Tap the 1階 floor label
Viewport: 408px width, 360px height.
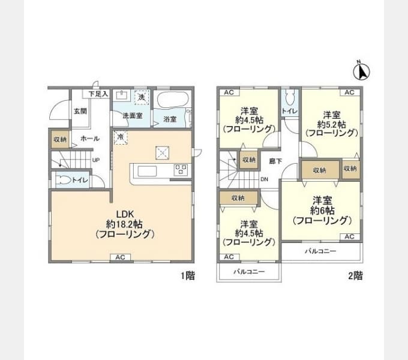(x=188, y=276)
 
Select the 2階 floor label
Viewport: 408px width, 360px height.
(x=355, y=276)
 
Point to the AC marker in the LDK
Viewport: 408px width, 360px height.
(x=120, y=257)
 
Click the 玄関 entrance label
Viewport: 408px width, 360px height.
(x=80, y=111)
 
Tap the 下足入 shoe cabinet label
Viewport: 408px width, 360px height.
(x=98, y=94)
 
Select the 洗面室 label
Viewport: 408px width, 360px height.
(x=132, y=115)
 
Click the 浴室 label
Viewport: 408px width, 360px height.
(x=170, y=119)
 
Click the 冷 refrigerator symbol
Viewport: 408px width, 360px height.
(x=120, y=137)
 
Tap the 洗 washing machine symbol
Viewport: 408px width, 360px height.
(x=142, y=97)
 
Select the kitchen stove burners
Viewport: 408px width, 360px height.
(x=180, y=170)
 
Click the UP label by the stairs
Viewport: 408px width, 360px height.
(x=95, y=160)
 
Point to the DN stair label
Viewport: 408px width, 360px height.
(x=264, y=179)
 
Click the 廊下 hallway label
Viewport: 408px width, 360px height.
(x=275, y=161)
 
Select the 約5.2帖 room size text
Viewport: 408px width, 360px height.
(x=332, y=124)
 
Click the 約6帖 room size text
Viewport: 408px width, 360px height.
(x=322, y=211)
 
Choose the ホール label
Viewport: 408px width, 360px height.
(x=89, y=139)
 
